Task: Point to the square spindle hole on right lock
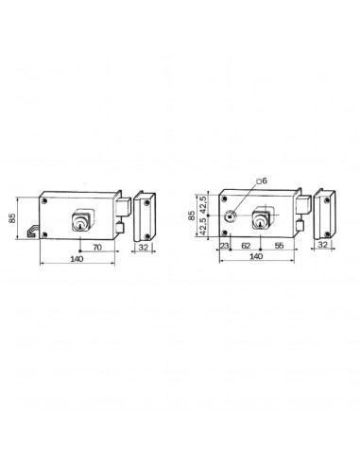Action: [x=230, y=214]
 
